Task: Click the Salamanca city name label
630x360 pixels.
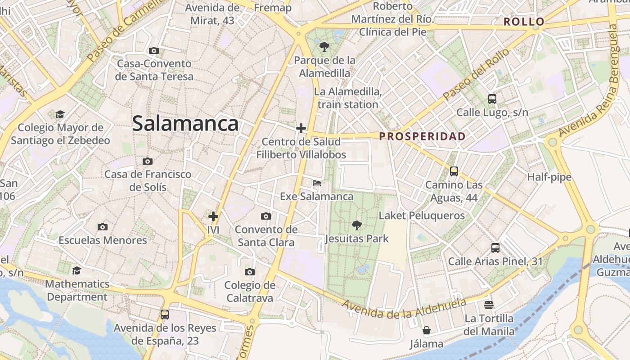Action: (x=185, y=124)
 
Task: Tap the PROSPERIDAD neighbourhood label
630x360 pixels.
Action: (x=422, y=136)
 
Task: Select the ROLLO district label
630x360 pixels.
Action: (x=524, y=22)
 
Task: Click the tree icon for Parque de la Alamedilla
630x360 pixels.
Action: (x=324, y=46)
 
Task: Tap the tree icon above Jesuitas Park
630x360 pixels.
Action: (x=357, y=225)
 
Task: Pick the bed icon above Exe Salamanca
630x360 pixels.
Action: (x=317, y=183)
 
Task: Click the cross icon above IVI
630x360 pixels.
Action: (x=213, y=216)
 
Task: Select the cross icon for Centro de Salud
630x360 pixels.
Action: (x=301, y=128)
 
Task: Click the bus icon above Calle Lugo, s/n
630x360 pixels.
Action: (x=492, y=99)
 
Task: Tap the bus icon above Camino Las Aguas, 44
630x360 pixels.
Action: (x=454, y=171)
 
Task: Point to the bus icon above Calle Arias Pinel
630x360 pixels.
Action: (x=495, y=247)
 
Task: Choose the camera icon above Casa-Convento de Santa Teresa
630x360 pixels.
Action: (x=154, y=50)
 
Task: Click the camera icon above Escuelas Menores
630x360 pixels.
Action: (x=103, y=227)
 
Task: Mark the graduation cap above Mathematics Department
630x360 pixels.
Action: (x=77, y=270)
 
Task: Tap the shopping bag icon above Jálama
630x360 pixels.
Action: (x=426, y=331)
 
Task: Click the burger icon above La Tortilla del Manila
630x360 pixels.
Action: (x=489, y=305)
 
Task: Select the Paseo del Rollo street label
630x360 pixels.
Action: (x=476, y=75)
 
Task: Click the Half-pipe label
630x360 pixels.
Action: (x=549, y=177)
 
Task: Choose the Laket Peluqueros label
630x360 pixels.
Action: (x=422, y=216)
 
